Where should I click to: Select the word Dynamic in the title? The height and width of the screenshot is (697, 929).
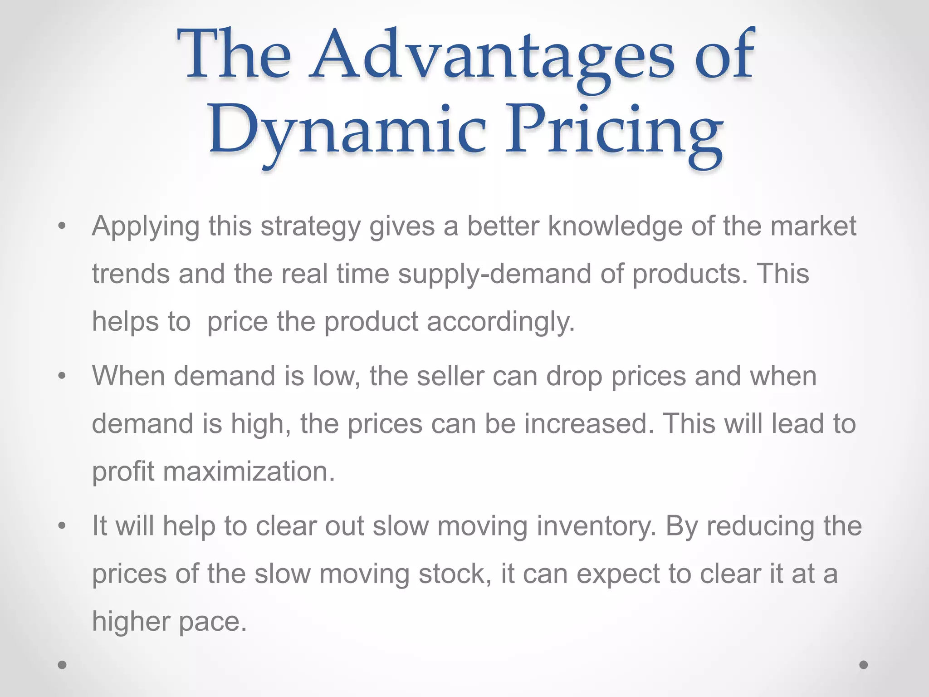click(x=347, y=130)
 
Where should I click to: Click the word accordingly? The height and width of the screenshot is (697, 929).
click(x=501, y=322)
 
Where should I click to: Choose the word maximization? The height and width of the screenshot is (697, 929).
click(x=249, y=471)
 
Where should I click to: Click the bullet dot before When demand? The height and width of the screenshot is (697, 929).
click(x=63, y=376)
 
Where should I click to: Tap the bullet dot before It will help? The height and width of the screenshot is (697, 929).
click(x=63, y=526)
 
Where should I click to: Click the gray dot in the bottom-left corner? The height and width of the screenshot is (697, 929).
click(x=63, y=665)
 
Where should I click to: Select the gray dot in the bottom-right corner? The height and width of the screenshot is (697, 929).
click(x=864, y=665)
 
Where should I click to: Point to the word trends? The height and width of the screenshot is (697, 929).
click(x=131, y=275)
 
